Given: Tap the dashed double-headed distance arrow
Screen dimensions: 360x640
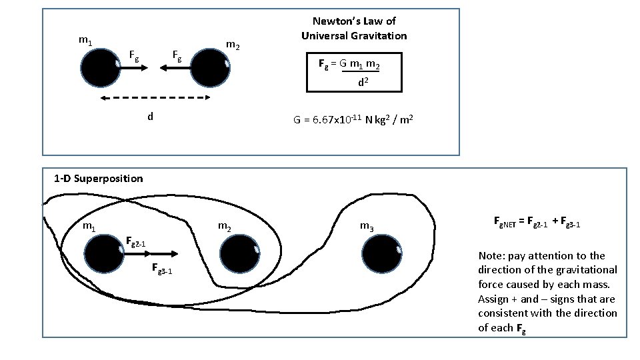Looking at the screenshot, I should click(x=155, y=98).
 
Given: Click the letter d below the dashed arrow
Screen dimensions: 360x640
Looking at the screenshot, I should click(x=151, y=117).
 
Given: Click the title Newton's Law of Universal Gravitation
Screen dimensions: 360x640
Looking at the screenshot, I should click(x=353, y=29).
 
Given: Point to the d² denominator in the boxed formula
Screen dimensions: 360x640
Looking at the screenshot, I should click(x=363, y=83).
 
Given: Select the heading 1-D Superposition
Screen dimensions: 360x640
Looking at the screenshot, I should click(x=99, y=178).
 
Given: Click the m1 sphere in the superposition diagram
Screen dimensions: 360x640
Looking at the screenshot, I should click(x=105, y=254).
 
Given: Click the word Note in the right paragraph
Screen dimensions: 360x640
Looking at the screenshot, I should click(x=491, y=256).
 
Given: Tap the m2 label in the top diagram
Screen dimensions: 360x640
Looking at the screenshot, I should click(x=232, y=46).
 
